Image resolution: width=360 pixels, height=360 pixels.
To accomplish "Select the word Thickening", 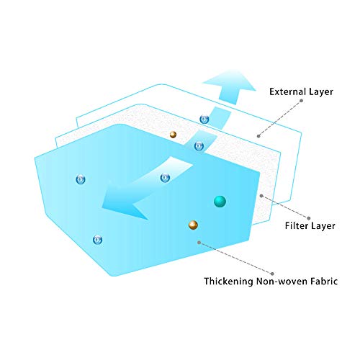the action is pyautogui.click(x=228, y=281).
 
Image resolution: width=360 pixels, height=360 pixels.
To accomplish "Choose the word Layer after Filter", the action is pyautogui.click(x=323, y=226).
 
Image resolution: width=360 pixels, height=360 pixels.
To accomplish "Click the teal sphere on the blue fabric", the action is pyautogui.click(x=220, y=201).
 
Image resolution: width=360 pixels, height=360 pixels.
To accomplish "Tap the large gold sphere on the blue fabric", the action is pyautogui.click(x=193, y=225).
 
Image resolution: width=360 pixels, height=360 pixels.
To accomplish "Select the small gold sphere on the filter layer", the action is pyautogui.click(x=173, y=135).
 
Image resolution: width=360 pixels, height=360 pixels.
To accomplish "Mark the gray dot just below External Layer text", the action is pyautogui.click(x=301, y=101).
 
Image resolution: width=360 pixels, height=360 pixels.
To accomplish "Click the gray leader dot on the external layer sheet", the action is pyautogui.click(x=258, y=136).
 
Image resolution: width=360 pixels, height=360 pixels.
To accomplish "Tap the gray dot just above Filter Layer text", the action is pyautogui.click(x=309, y=218).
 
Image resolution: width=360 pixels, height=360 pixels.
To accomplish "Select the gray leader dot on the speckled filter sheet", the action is pyautogui.click(x=261, y=196).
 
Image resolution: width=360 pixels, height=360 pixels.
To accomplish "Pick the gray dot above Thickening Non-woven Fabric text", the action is pyautogui.click(x=272, y=274).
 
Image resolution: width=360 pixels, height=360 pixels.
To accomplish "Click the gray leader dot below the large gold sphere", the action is pyautogui.click(x=199, y=243).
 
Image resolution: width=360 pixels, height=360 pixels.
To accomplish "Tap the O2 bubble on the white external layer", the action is pyautogui.click(x=204, y=119).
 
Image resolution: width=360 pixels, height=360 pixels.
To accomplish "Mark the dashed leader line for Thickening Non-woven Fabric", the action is pyautogui.click(x=235, y=258).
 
